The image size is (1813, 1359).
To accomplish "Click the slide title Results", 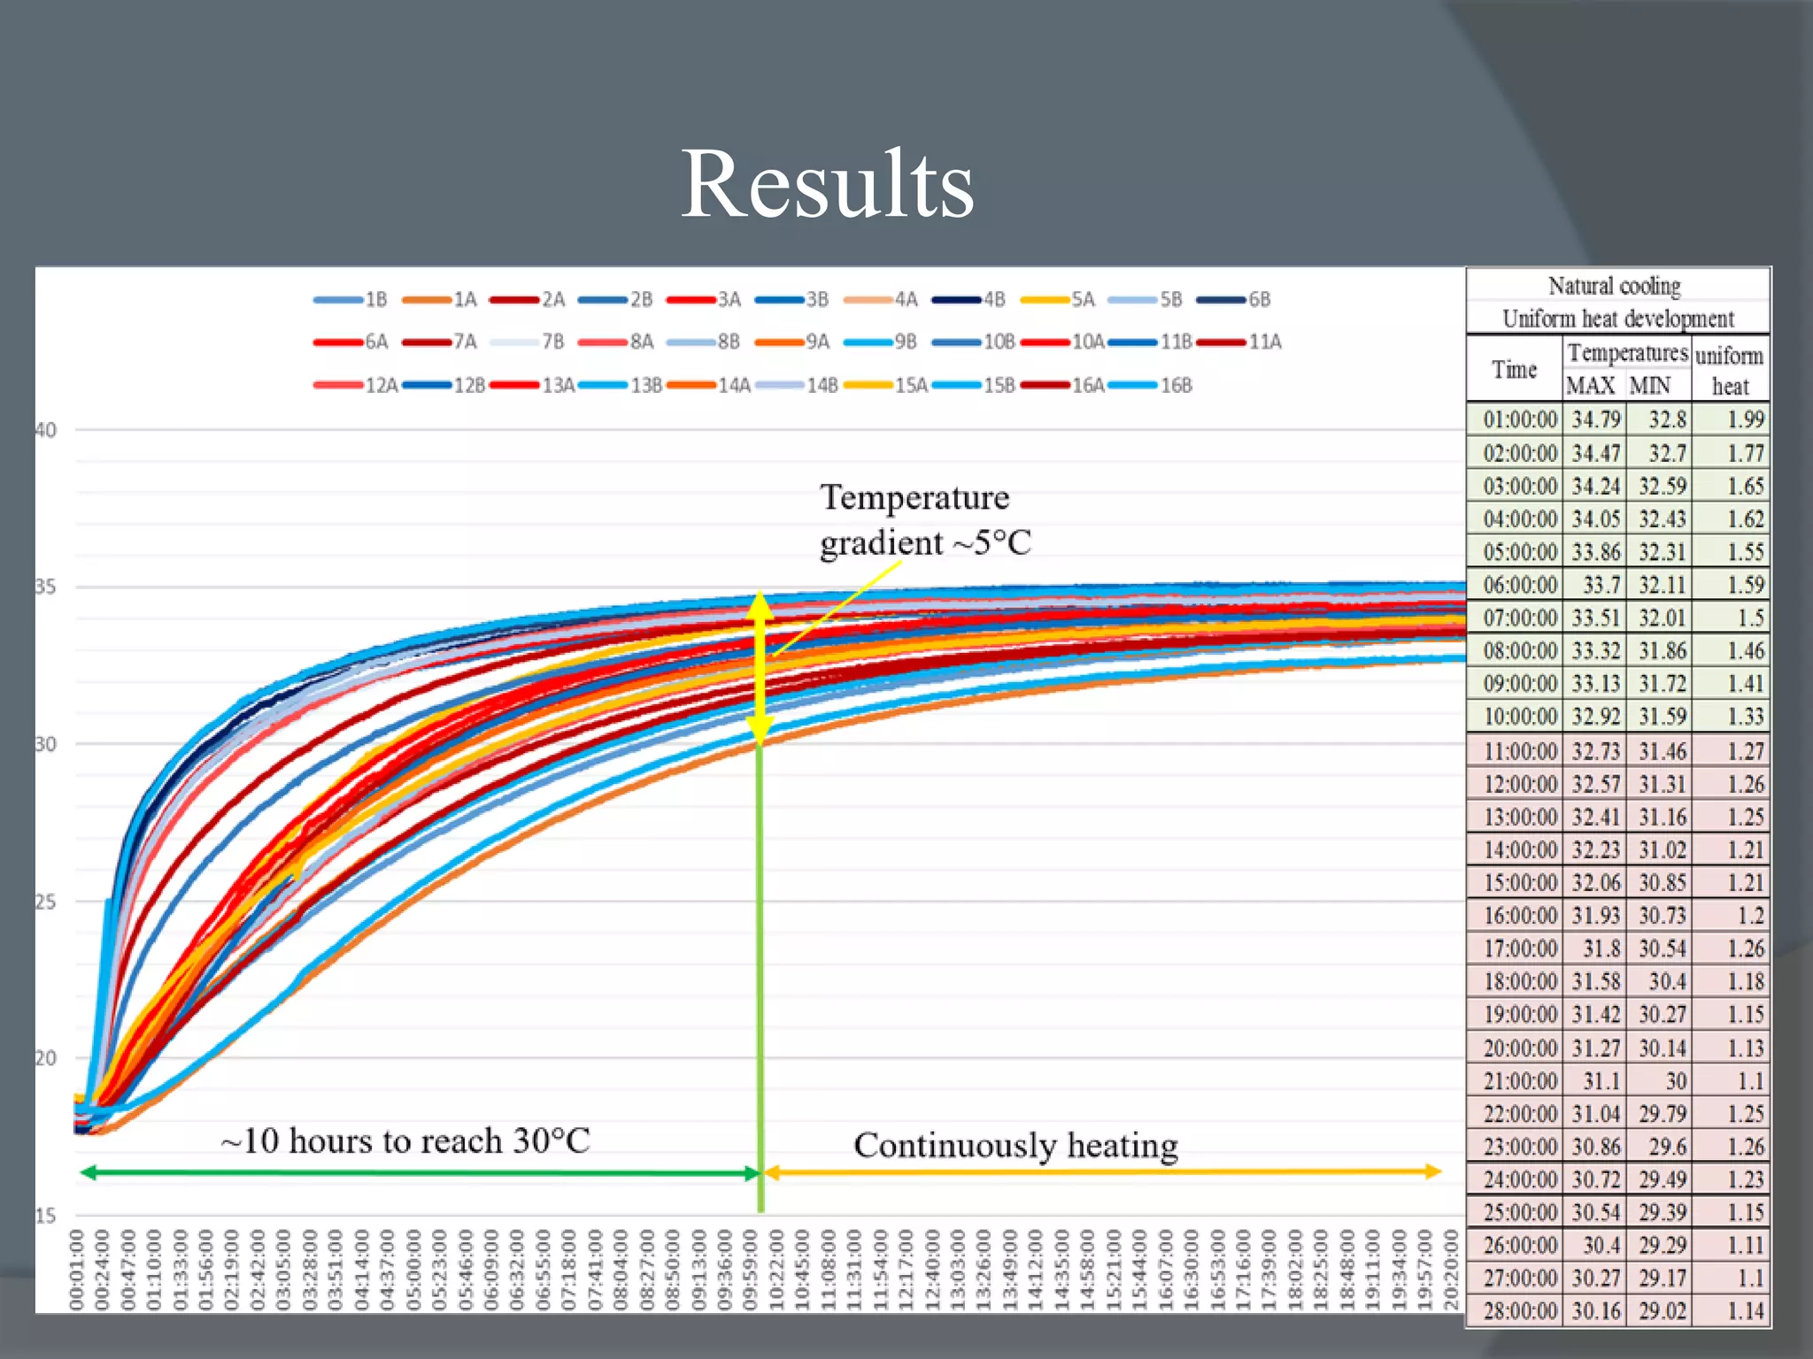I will click(x=827, y=184).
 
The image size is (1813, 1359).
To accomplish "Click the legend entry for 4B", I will click(x=969, y=300).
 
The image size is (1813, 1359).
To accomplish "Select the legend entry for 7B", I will click(x=528, y=342).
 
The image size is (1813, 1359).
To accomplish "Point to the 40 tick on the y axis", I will click(x=46, y=431).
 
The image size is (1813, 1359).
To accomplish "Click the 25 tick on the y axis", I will click(x=46, y=902).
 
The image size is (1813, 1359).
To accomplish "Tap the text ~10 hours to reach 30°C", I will click(x=405, y=1141).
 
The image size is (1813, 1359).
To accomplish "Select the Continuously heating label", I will click(x=1015, y=1146).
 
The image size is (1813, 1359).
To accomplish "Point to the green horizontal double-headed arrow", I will click(x=420, y=1174).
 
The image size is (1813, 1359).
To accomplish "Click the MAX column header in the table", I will click(x=1591, y=387).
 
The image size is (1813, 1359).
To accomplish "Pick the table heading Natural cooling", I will click(x=1615, y=287).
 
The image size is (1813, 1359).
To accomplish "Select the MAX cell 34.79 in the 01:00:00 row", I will click(x=1596, y=419).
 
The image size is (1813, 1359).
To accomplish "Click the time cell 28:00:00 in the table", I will click(x=1519, y=1311).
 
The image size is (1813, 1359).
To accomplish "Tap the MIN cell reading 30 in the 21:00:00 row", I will click(x=1675, y=1081).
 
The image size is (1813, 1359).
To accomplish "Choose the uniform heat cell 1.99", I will click(x=1745, y=419).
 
